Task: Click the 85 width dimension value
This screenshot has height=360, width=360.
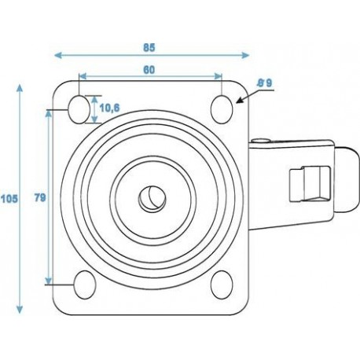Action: point(149,46)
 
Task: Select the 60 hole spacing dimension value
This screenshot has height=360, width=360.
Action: point(148,69)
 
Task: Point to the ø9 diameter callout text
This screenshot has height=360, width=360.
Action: point(264,82)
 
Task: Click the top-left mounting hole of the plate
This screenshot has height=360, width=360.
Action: point(81,108)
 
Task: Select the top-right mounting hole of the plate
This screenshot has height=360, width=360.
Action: point(223,108)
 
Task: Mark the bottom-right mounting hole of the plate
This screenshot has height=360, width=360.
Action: point(222,281)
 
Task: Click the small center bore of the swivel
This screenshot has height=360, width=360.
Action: point(149,197)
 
